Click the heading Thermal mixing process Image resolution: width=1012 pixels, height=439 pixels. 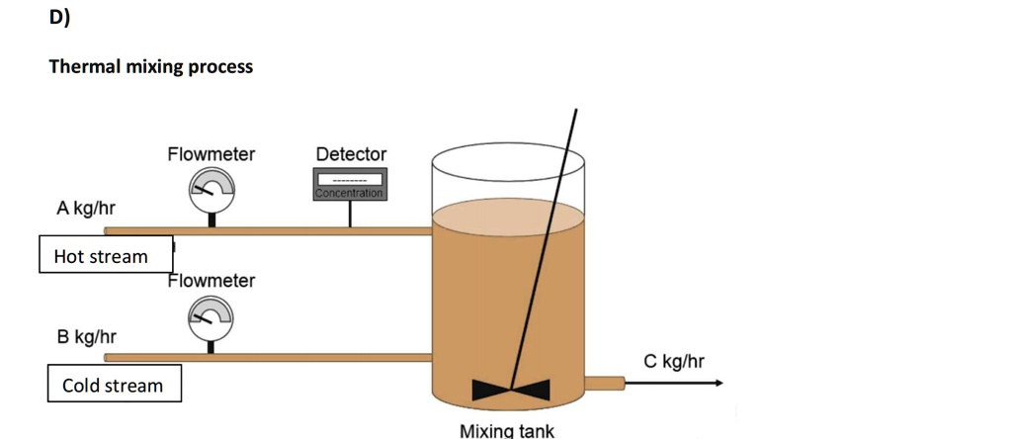coord(151,66)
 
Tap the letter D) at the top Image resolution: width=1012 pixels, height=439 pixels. coord(59,18)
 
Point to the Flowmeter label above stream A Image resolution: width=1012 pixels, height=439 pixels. coord(211,154)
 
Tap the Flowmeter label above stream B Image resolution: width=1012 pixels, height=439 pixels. coord(211,281)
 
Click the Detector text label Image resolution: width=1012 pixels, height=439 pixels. coord(351,154)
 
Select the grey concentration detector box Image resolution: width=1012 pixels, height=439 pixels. coord(350,184)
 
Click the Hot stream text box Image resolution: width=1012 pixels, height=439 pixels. coord(106,254)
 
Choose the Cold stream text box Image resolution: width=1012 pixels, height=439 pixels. coord(115,384)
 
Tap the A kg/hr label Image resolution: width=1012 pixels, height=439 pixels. coord(87,208)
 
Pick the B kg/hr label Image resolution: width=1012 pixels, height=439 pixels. coord(87,337)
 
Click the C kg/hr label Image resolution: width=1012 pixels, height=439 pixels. coord(674,362)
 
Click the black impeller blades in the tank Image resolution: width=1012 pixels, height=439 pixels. coord(511,390)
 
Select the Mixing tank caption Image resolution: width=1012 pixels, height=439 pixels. coord(507,431)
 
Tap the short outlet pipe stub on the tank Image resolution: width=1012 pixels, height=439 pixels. coord(605,384)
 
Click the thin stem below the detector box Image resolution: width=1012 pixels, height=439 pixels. coord(350,214)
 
